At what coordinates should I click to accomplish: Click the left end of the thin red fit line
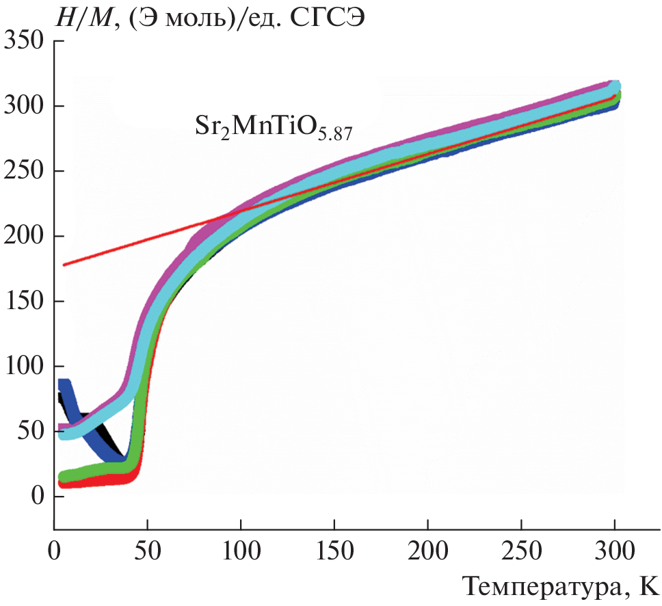tap(64, 264)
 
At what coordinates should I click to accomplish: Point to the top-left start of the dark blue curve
tap(63, 384)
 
